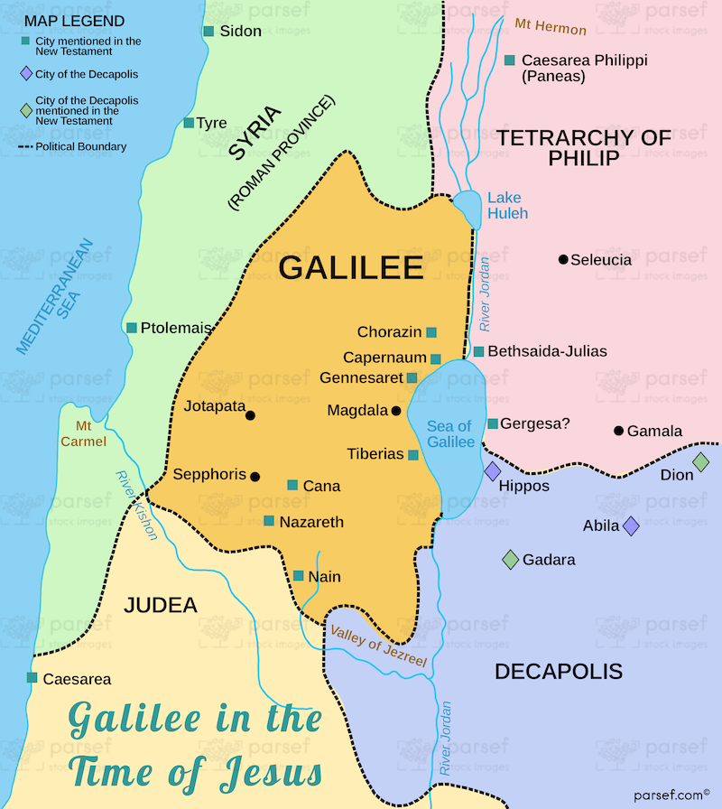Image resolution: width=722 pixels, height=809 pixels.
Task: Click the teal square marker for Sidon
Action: pyautogui.click(x=208, y=32)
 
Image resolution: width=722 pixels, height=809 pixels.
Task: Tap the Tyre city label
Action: pyautogui.click(x=212, y=123)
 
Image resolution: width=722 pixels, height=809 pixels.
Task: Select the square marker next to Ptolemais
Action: pyautogui.click(x=132, y=328)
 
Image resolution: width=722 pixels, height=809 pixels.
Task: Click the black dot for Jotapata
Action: pyautogui.click(x=250, y=415)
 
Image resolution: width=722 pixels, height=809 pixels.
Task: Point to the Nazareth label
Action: pyautogui.click(x=311, y=522)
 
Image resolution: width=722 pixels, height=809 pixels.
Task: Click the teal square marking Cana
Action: pyautogui.click(x=292, y=485)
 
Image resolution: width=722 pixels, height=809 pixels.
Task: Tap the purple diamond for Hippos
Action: pyautogui.click(x=493, y=471)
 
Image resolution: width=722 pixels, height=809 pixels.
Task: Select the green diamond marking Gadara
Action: pyautogui.click(x=510, y=560)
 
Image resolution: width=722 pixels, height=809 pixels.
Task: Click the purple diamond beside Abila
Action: pyautogui.click(x=631, y=525)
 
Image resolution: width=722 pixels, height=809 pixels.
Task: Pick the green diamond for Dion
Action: pyautogui.click(x=701, y=462)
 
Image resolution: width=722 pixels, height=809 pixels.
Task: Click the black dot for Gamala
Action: pyautogui.click(x=618, y=431)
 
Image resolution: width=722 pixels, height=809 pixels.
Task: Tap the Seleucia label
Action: pyautogui.click(x=601, y=260)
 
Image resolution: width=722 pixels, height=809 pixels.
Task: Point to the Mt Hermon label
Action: pyautogui.click(x=551, y=27)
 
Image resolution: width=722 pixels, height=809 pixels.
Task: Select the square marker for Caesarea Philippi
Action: pyautogui.click(x=510, y=60)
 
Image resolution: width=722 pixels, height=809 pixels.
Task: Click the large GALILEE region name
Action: pyautogui.click(x=351, y=267)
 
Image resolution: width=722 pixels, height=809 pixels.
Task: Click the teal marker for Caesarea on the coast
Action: pyautogui.click(x=32, y=677)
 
